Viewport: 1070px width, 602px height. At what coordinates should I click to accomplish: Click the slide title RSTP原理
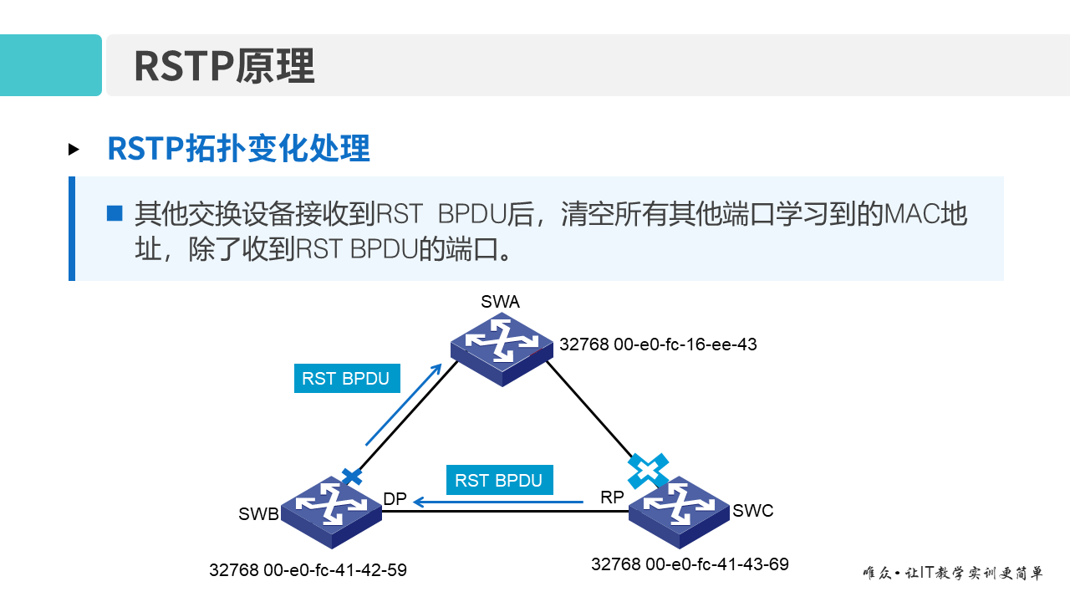pos(224,66)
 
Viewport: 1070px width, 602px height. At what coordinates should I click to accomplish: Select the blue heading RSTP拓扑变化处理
pos(238,149)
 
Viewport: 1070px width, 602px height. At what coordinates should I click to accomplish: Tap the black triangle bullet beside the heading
pos(74,150)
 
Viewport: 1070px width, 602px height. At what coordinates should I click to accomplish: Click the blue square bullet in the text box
pos(115,213)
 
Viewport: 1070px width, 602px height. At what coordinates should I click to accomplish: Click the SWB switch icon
pos(331,510)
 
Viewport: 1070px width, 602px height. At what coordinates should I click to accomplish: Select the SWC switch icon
pos(679,510)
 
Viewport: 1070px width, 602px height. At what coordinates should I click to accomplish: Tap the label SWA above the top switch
pos(500,302)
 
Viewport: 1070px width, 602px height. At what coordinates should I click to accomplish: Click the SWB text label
pos(258,514)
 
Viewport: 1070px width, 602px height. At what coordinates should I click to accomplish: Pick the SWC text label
pos(753,511)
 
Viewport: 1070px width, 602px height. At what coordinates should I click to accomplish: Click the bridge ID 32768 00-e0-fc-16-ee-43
pos(658,344)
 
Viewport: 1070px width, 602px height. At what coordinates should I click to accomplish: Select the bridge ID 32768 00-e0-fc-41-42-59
pos(308,570)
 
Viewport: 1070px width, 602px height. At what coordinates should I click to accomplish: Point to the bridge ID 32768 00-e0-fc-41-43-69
pos(690,564)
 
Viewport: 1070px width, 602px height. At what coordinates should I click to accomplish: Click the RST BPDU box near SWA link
pos(346,378)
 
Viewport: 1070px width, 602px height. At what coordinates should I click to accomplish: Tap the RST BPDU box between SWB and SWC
pos(499,481)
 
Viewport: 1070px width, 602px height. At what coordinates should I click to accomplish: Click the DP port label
pos(395,499)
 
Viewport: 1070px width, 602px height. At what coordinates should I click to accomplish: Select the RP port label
pos(612,497)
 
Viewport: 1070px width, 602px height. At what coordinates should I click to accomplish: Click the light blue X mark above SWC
pos(649,470)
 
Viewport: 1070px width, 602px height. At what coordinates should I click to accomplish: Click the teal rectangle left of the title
pos(50,65)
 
